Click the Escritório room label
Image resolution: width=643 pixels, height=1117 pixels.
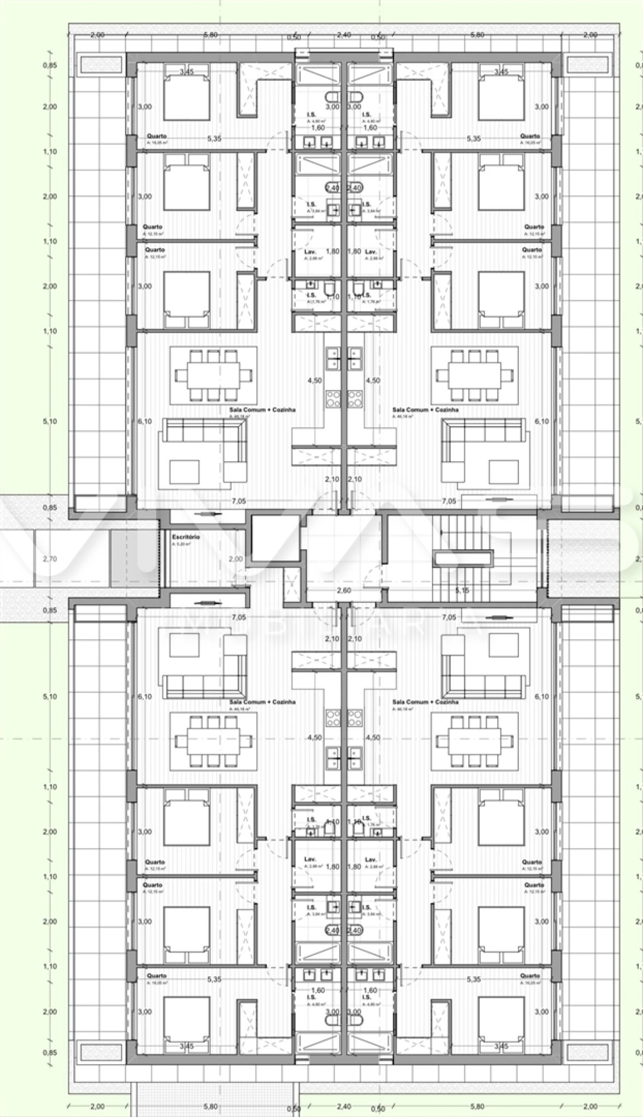pyautogui.click(x=186, y=537)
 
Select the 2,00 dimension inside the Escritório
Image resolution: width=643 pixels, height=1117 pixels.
pyautogui.click(x=236, y=559)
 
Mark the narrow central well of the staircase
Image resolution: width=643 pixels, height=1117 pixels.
pyautogui.click(x=463, y=558)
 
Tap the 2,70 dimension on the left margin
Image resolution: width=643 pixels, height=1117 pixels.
pyautogui.click(x=50, y=559)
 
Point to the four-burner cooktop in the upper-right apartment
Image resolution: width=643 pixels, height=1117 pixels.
pyautogui.click(x=355, y=398)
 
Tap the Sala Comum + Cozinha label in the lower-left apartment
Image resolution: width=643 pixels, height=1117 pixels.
pyautogui.click(x=262, y=702)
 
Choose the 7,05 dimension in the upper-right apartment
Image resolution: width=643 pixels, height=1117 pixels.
pyautogui.click(x=449, y=501)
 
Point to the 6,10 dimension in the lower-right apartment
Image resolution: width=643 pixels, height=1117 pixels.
pyautogui.click(x=542, y=696)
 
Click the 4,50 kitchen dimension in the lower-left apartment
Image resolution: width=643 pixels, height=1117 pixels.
pyautogui.click(x=314, y=738)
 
